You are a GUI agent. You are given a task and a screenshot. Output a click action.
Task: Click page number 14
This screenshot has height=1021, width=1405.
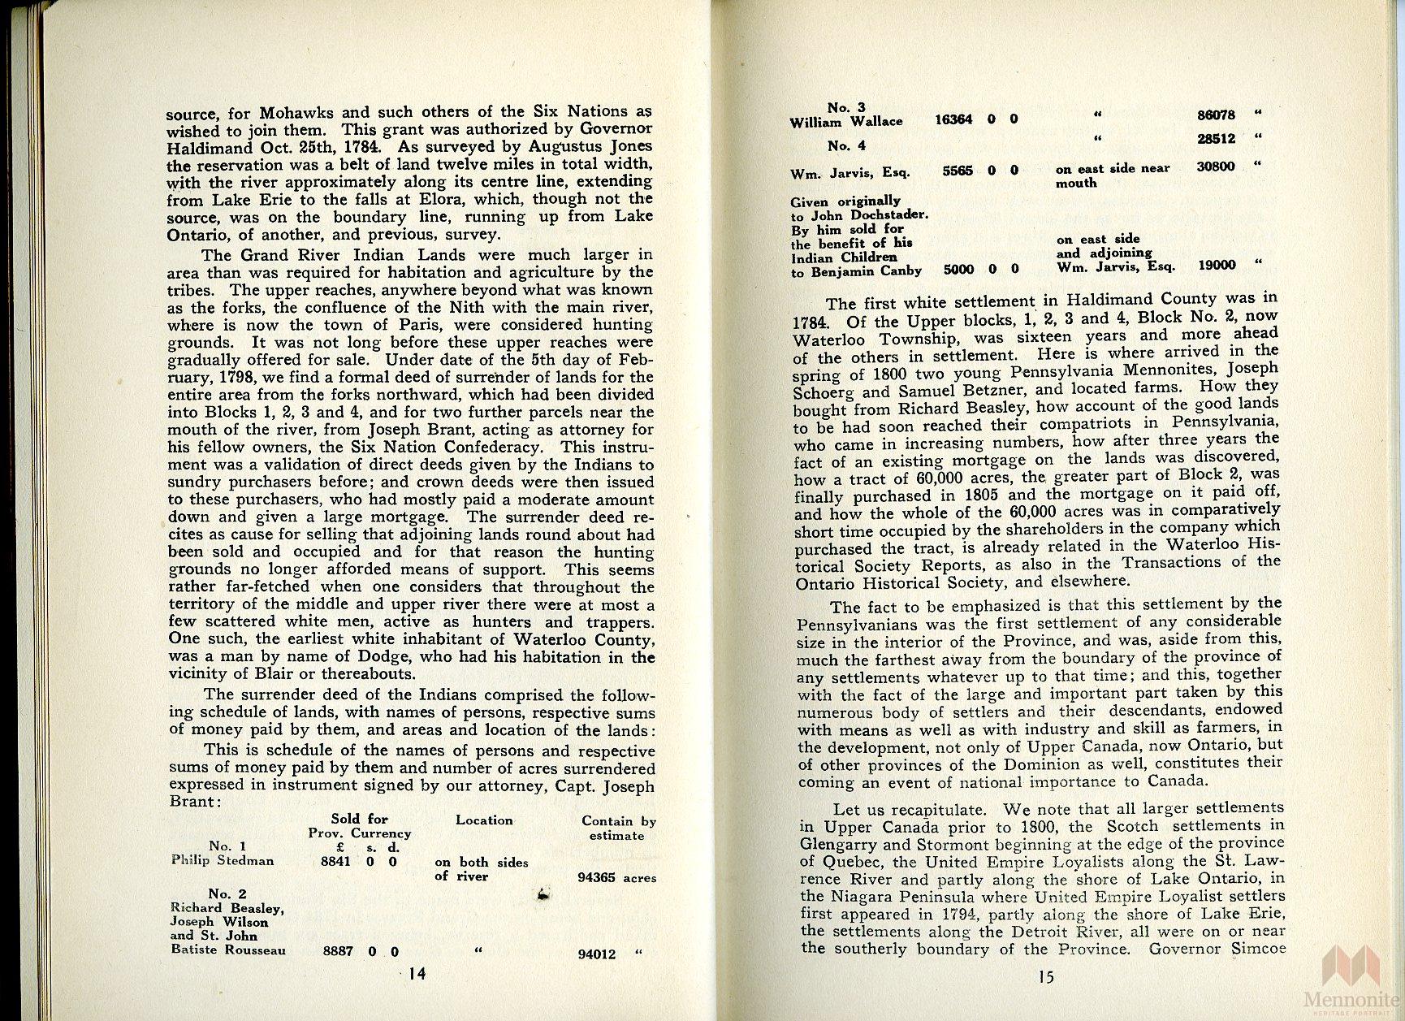pos(417,976)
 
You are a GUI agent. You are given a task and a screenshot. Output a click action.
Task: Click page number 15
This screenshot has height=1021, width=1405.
pos(1045,976)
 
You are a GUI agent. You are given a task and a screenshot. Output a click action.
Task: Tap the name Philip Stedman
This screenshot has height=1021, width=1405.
pos(223,861)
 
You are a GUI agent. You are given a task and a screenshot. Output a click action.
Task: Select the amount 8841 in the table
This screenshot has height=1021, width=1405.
pos(335,861)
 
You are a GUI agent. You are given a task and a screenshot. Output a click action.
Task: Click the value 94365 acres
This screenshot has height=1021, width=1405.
pos(616,878)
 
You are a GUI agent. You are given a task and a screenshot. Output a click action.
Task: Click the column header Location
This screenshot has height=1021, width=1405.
pos(484,820)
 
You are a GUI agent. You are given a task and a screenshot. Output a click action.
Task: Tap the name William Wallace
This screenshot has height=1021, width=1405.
pos(846,122)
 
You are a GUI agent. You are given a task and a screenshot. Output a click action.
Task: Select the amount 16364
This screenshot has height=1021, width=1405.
pos(953,119)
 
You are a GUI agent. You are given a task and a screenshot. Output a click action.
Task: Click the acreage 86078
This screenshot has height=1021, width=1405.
pos(1216,115)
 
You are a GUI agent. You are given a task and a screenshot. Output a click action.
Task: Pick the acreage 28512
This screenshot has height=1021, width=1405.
pos(1216,140)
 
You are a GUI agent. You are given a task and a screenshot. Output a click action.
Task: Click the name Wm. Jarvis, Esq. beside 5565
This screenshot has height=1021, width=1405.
pos(849,173)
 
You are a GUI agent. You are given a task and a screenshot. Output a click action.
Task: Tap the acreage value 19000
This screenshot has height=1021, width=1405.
pos(1217,266)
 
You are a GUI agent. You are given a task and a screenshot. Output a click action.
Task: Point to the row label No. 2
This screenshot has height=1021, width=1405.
pos(227,893)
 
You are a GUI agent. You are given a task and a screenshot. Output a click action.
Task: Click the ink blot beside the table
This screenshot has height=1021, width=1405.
pos(543,894)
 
